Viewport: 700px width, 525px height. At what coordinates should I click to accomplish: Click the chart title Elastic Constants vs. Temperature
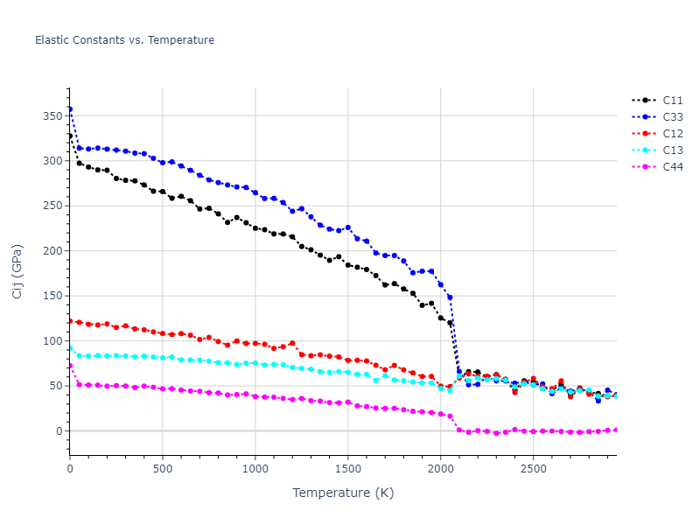click(124, 40)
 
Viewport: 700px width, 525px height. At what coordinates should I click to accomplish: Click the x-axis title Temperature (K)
click(343, 493)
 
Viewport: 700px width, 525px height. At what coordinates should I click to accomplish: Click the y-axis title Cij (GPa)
click(17, 271)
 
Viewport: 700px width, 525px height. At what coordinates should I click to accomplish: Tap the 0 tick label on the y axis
click(59, 431)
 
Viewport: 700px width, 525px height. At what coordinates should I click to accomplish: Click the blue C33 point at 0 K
click(70, 109)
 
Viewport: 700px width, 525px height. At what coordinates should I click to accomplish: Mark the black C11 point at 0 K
click(70, 136)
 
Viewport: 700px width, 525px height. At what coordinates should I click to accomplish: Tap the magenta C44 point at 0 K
click(70, 366)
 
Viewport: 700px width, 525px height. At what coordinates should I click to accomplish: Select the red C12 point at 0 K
click(70, 321)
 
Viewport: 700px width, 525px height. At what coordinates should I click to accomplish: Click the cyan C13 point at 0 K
click(70, 348)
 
